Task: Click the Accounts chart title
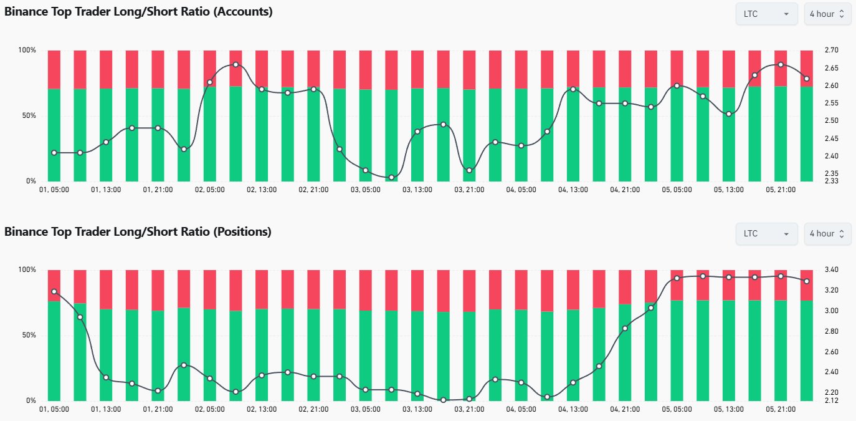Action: (138, 11)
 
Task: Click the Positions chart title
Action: (138, 231)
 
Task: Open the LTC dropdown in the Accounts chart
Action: (766, 14)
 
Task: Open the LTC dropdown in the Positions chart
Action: (766, 234)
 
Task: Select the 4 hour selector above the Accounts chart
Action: (827, 14)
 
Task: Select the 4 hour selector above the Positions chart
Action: (827, 234)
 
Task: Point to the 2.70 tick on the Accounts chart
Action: (831, 50)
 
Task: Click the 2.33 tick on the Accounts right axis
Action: (831, 181)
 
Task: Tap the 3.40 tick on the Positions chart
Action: (831, 269)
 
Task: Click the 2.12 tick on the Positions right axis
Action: (831, 400)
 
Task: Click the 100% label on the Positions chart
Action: (28, 269)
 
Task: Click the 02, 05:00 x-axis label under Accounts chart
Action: (209, 190)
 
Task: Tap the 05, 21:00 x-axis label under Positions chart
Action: (781, 409)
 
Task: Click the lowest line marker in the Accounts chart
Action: (391, 178)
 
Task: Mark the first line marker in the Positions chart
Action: (54, 291)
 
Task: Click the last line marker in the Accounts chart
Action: (807, 79)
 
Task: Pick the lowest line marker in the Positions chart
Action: (444, 400)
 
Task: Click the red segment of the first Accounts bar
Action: (54, 69)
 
